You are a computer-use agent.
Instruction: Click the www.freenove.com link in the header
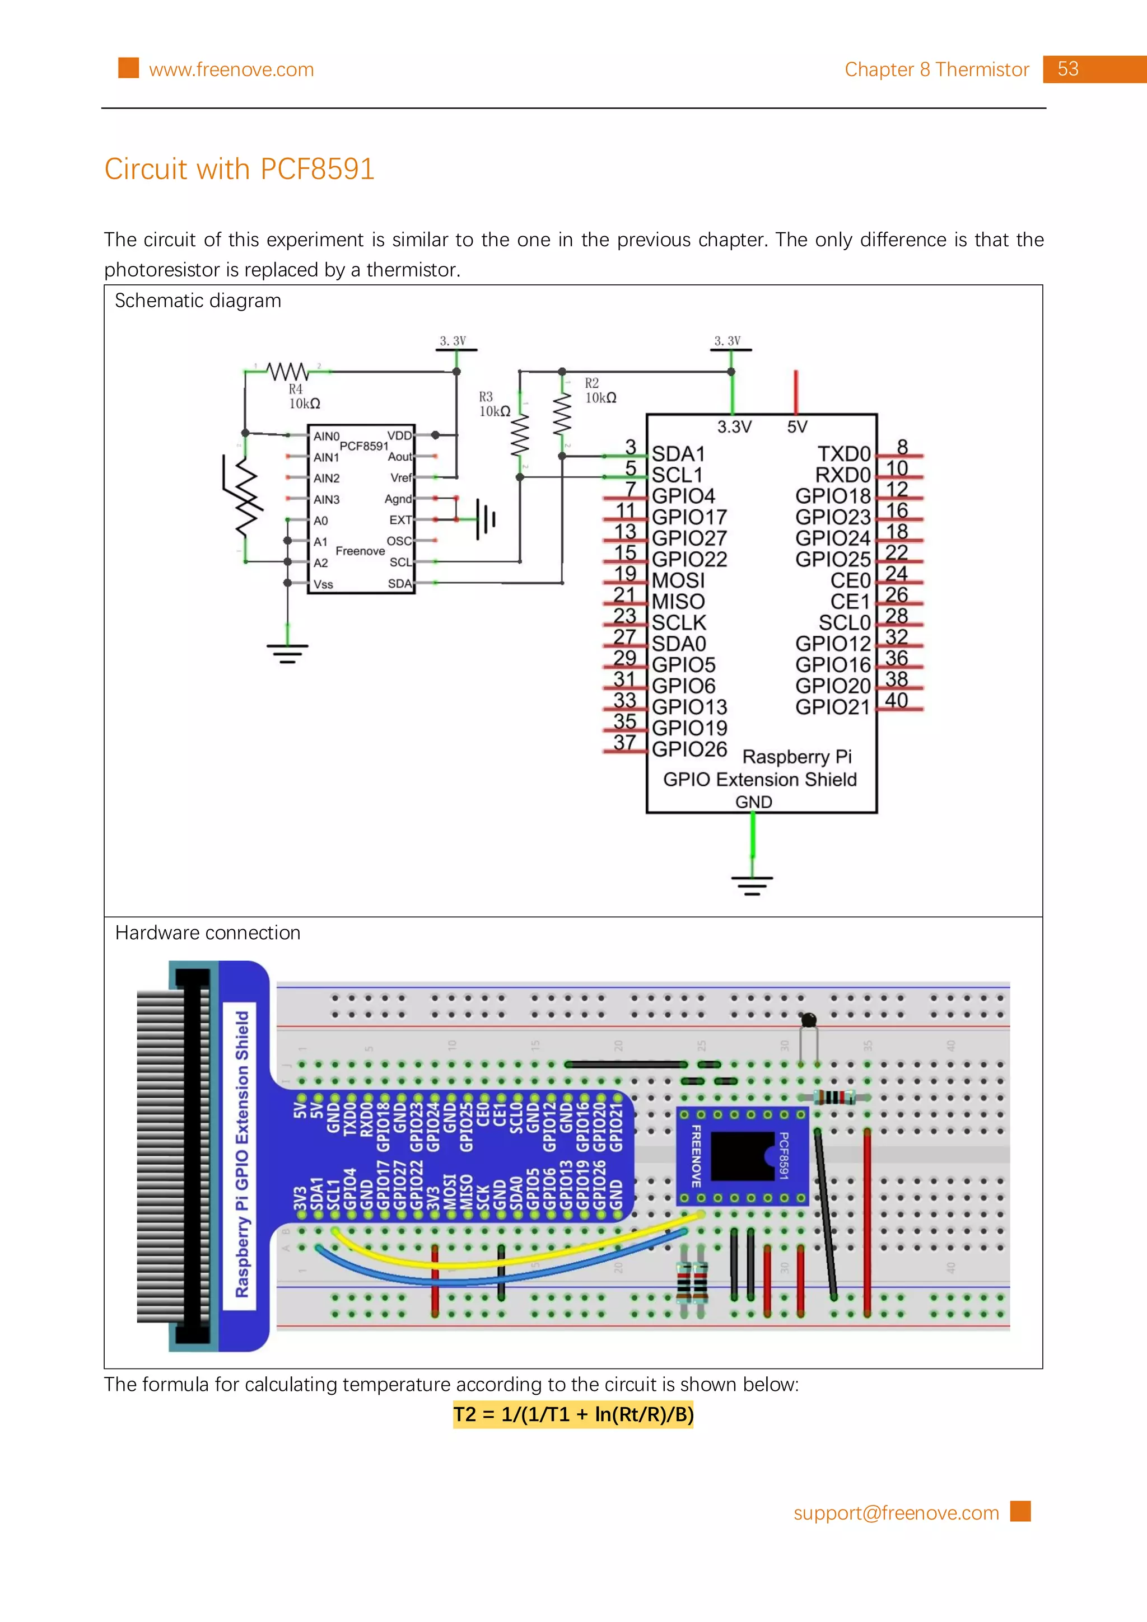click(x=231, y=70)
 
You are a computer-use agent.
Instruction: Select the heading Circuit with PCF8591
click(x=239, y=169)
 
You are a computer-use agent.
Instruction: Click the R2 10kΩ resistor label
click(x=599, y=391)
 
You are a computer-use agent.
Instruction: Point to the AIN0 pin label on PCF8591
click(x=326, y=436)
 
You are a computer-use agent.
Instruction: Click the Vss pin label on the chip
click(x=323, y=584)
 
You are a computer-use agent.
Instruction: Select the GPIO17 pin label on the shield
click(x=688, y=517)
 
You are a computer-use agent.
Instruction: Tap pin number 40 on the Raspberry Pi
click(x=896, y=700)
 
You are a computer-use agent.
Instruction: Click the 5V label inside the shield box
click(x=796, y=426)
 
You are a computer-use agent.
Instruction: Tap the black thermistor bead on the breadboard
click(x=809, y=1019)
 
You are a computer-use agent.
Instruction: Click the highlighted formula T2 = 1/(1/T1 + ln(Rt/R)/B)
click(x=573, y=1414)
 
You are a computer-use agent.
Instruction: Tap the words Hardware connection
click(x=208, y=932)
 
